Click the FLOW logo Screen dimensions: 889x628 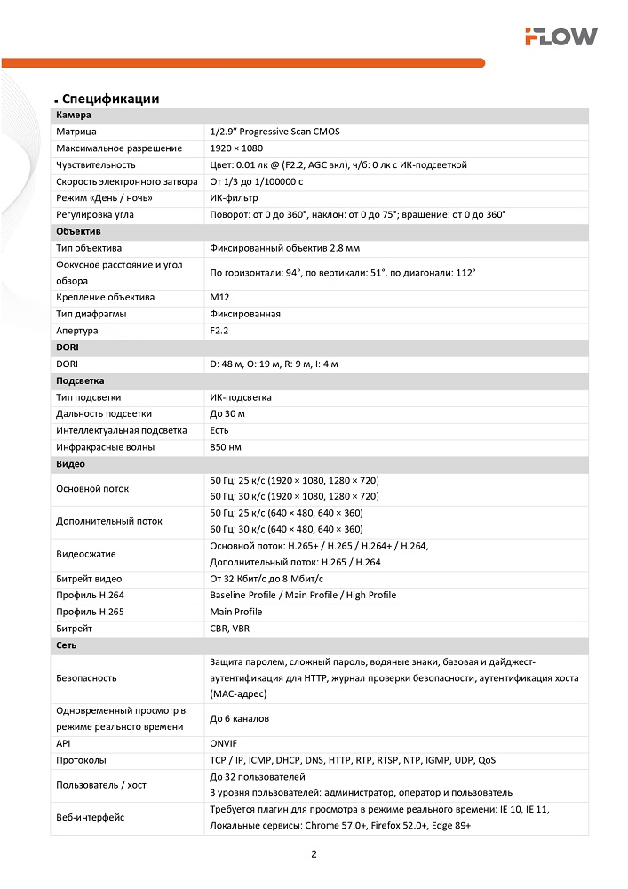560,36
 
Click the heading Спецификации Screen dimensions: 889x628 110,99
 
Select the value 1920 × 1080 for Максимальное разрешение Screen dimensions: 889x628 236,148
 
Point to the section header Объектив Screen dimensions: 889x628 78,231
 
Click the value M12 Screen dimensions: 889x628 219,297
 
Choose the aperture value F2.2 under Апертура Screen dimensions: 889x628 219,331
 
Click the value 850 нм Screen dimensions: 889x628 226,447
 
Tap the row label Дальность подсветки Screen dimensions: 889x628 104,414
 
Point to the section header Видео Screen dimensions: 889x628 70,464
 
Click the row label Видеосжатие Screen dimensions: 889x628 86,554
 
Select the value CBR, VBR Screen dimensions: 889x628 230,629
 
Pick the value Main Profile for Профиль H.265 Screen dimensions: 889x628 236,612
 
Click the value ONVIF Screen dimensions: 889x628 224,744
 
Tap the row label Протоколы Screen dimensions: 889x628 81,761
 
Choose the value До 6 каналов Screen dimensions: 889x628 239,718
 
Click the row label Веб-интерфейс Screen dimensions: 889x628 90,818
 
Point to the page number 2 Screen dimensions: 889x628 314,855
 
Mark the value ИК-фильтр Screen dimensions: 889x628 234,198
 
